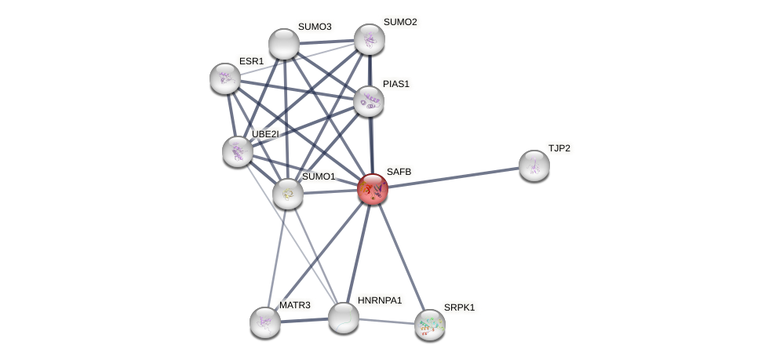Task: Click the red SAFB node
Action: coord(372,189)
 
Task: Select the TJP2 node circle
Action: coord(534,165)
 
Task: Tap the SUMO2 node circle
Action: coord(369,39)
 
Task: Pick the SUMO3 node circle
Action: coord(284,44)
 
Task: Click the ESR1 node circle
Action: coord(225,78)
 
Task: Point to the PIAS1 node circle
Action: coord(368,101)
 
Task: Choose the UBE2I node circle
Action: coord(237,151)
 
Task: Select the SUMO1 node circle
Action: coord(288,194)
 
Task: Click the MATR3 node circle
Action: coord(265,322)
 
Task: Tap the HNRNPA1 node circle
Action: coord(343,318)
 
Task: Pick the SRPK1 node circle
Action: coord(429,324)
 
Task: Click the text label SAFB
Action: coord(399,172)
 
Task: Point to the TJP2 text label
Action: coord(559,148)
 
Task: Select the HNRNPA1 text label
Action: coord(379,300)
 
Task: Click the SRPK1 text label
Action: coord(459,307)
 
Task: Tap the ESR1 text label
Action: coord(252,61)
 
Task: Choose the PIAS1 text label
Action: coord(396,84)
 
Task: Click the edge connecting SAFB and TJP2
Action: coord(455,177)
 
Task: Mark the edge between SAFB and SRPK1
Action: coord(401,257)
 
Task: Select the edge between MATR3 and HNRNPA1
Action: coord(304,320)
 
